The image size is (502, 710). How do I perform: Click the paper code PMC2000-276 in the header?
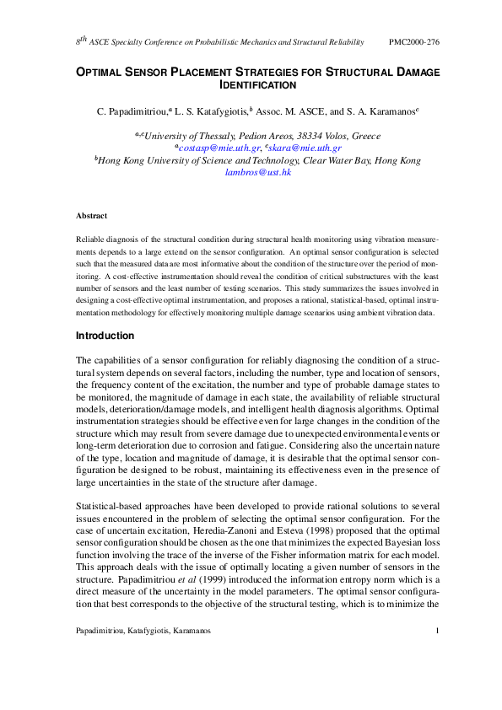coord(413,41)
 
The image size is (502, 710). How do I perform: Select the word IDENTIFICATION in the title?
coord(257,85)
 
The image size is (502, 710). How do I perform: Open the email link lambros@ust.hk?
coord(257,172)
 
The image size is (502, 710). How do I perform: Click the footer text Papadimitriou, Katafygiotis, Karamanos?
coord(143,654)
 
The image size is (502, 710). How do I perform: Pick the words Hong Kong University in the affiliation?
coord(152,160)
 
